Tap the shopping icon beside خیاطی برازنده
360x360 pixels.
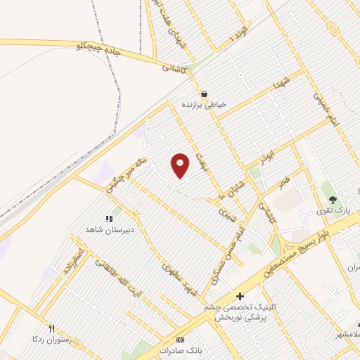pos(204,93)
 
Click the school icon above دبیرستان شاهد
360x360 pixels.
pos(109,219)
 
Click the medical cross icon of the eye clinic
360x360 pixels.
pos(240,296)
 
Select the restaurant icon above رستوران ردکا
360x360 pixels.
pos(51,328)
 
